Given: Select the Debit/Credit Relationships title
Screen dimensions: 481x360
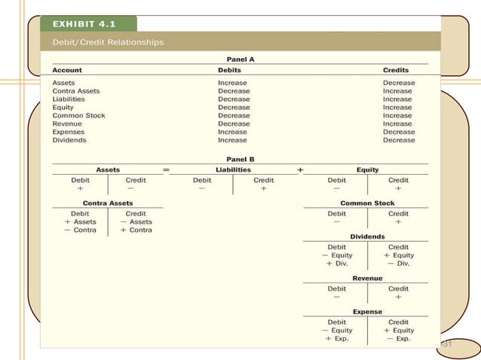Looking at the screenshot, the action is click(x=108, y=42).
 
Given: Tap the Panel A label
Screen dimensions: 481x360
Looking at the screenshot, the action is click(x=240, y=58).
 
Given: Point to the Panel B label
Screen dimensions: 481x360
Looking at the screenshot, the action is click(x=240, y=159).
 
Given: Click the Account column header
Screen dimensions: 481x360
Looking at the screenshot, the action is click(x=67, y=70).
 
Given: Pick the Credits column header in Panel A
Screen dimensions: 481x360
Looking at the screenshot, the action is click(x=398, y=70).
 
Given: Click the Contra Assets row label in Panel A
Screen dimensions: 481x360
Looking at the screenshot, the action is click(x=75, y=91).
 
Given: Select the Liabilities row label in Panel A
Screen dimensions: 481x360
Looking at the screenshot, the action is click(x=69, y=99).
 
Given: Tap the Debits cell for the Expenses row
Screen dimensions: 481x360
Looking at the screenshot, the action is click(x=232, y=132).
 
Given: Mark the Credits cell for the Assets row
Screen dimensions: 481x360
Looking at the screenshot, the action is click(x=398, y=83).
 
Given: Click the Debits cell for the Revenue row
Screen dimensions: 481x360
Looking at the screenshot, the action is click(x=234, y=124).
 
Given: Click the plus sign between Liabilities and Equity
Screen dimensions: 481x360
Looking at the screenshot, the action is click(x=302, y=170).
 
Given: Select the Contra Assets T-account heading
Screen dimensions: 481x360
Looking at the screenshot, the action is click(x=108, y=203).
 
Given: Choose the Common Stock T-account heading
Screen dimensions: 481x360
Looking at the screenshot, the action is click(x=367, y=203).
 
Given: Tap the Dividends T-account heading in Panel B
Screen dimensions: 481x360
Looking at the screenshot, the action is click(x=367, y=236).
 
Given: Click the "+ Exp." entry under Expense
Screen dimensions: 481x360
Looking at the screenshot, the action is click(x=337, y=339).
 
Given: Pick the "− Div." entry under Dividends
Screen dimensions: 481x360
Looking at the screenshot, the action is click(x=398, y=264).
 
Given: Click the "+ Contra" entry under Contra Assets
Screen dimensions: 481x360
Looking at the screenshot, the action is click(x=136, y=230).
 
